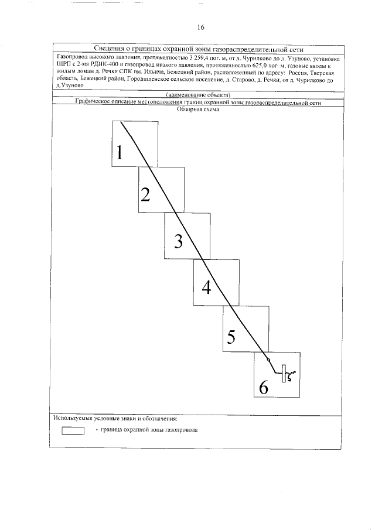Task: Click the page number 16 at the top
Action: (200, 28)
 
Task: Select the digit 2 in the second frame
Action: (145, 195)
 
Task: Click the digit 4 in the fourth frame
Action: (206, 287)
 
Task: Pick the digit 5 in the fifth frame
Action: (231, 337)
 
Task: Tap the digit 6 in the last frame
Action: (263, 387)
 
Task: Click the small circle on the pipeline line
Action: (268, 360)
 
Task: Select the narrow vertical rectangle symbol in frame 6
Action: (284, 374)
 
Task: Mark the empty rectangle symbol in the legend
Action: (73, 430)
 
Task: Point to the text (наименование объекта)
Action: (197, 95)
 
